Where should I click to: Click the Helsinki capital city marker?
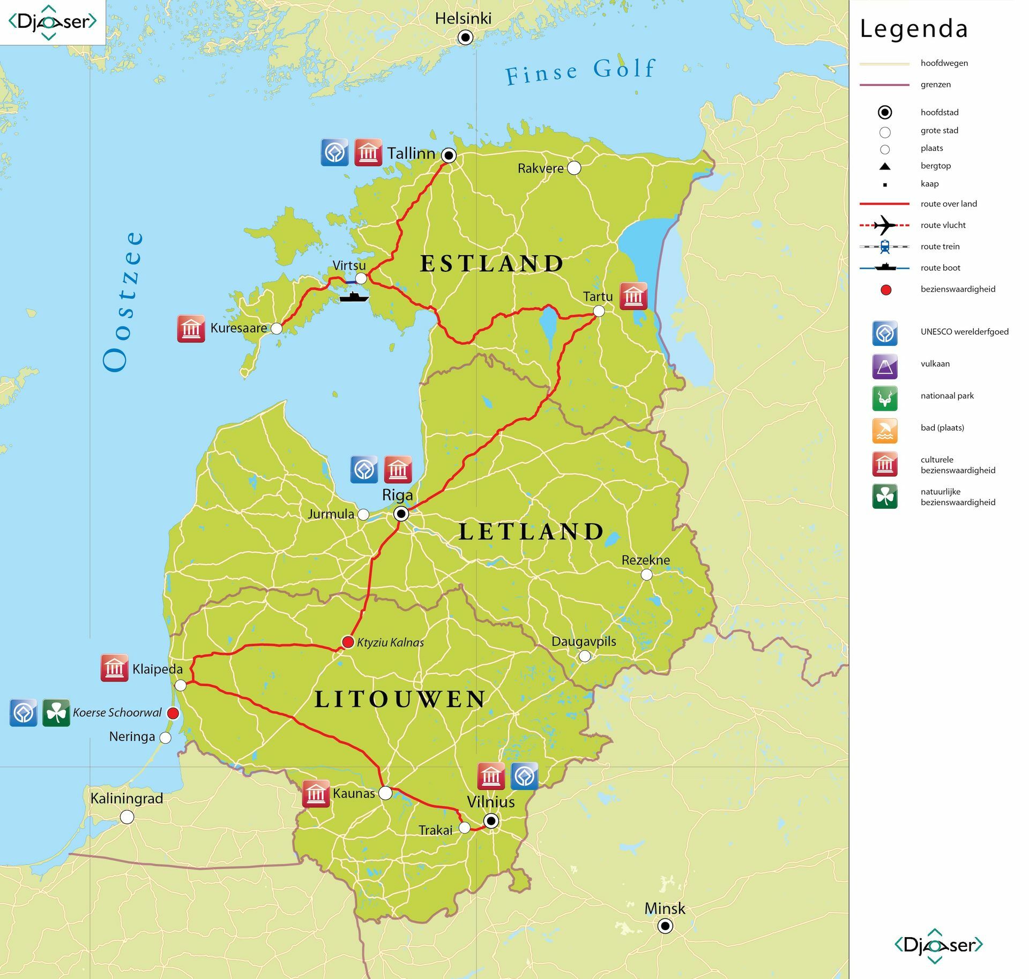[465, 38]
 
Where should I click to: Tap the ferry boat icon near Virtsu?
[354, 296]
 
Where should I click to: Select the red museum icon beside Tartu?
[633, 296]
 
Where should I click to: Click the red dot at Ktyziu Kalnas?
[348, 642]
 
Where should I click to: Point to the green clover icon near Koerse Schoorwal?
[56, 713]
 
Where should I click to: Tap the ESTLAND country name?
[491, 263]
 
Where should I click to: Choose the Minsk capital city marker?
[665, 925]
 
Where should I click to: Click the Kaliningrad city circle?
[127, 817]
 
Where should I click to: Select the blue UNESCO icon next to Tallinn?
[334, 152]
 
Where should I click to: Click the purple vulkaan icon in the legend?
[885, 367]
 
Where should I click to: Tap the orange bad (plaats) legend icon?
[885, 431]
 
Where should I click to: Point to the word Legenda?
[914, 29]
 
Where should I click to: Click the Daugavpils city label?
[584, 641]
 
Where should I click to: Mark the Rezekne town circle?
[647, 574]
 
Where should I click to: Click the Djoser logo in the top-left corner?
[53, 22]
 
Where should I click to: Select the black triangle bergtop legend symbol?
[885, 166]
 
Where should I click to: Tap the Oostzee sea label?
[124, 301]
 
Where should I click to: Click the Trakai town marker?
[465, 828]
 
